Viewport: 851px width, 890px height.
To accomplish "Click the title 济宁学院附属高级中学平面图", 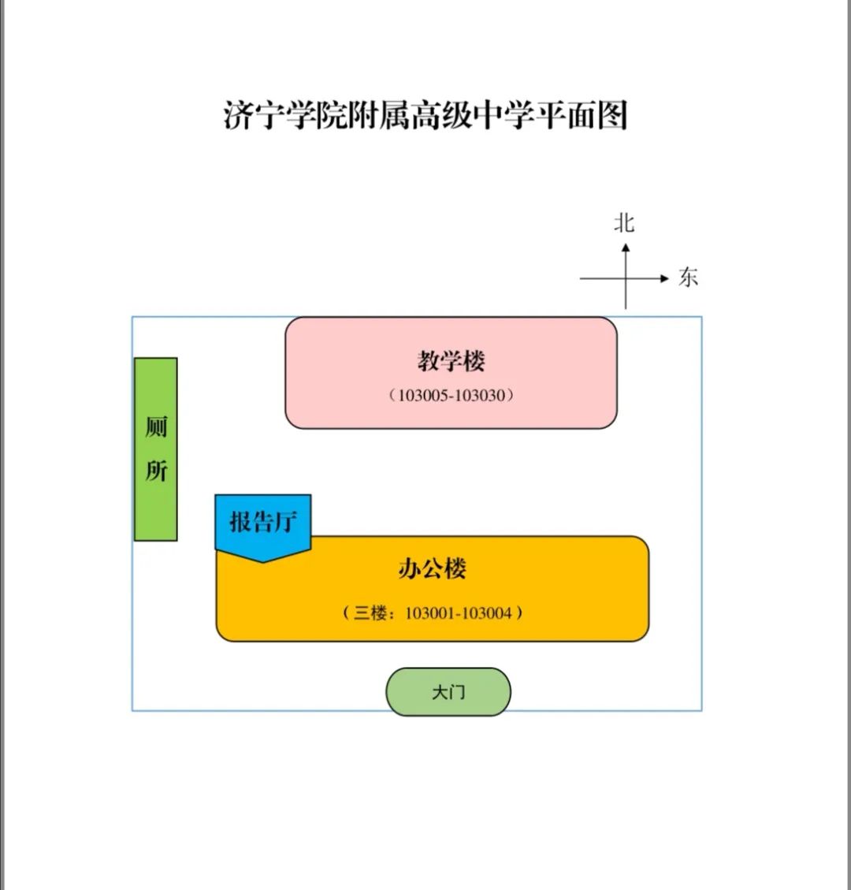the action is point(425,115).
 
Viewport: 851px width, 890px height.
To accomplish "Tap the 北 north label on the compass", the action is point(624,223).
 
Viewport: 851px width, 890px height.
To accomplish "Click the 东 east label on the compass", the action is point(688,277).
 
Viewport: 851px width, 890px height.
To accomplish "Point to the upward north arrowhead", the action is point(625,248).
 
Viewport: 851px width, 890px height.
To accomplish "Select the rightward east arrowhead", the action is point(664,278).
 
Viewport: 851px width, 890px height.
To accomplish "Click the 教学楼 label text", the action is point(451,361).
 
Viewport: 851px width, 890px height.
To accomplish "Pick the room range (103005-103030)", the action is point(451,395).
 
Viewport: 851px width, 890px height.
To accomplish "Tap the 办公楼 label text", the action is point(433,568).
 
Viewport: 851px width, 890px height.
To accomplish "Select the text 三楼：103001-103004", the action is point(433,613).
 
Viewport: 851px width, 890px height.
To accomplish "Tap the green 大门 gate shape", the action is point(448,692).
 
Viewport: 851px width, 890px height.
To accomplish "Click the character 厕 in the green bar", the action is point(156,427).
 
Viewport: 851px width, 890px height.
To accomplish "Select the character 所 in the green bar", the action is point(156,471).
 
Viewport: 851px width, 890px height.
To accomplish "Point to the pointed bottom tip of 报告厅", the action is point(262,563).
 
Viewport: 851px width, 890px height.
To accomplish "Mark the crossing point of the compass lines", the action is point(625,278).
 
